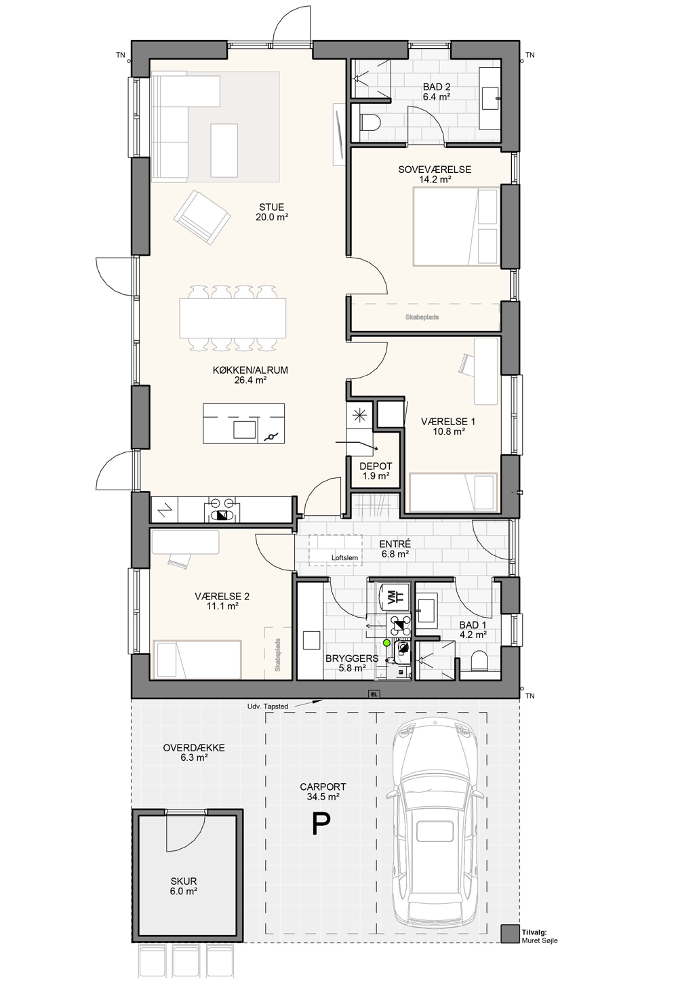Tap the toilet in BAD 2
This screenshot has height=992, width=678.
(x=371, y=122)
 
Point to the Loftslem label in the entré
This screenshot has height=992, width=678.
(x=344, y=558)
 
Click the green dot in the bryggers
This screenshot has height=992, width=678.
(x=386, y=642)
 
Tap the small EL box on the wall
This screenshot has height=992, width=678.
(x=374, y=694)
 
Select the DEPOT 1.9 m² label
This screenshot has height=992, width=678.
(x=376, y=471)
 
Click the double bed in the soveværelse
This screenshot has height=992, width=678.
(x=456, y=226)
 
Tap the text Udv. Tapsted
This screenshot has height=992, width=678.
(x=268, y=707)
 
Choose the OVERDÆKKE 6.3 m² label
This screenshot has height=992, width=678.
(x=194, y=753)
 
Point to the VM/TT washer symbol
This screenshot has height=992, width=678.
(x=390, y=597)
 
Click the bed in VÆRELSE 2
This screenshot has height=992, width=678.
(x=197, y=660)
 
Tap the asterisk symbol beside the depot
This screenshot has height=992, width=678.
(x=359, y=416)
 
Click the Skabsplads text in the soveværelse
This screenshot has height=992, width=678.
(x=422, y=317)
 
